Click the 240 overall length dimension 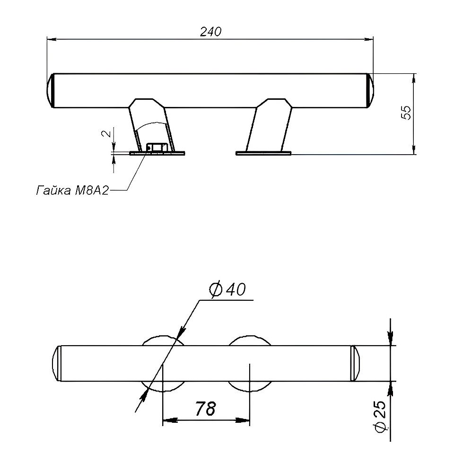(210, 32)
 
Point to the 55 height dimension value (406, 113)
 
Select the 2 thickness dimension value (106, 133)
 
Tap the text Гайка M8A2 (72, 191)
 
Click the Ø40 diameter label (227, 289)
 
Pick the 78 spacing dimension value (205, 408)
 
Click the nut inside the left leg (157, 148)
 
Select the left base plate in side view (157, 153)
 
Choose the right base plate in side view (263, 153)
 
